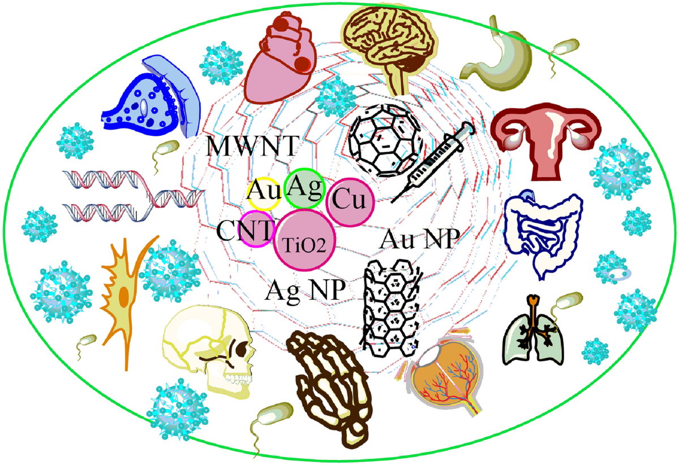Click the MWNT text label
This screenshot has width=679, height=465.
250,146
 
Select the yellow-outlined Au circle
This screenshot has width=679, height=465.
264,194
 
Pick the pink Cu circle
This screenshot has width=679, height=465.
347,201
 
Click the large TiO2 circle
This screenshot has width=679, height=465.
306,238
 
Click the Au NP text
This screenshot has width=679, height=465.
418,239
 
